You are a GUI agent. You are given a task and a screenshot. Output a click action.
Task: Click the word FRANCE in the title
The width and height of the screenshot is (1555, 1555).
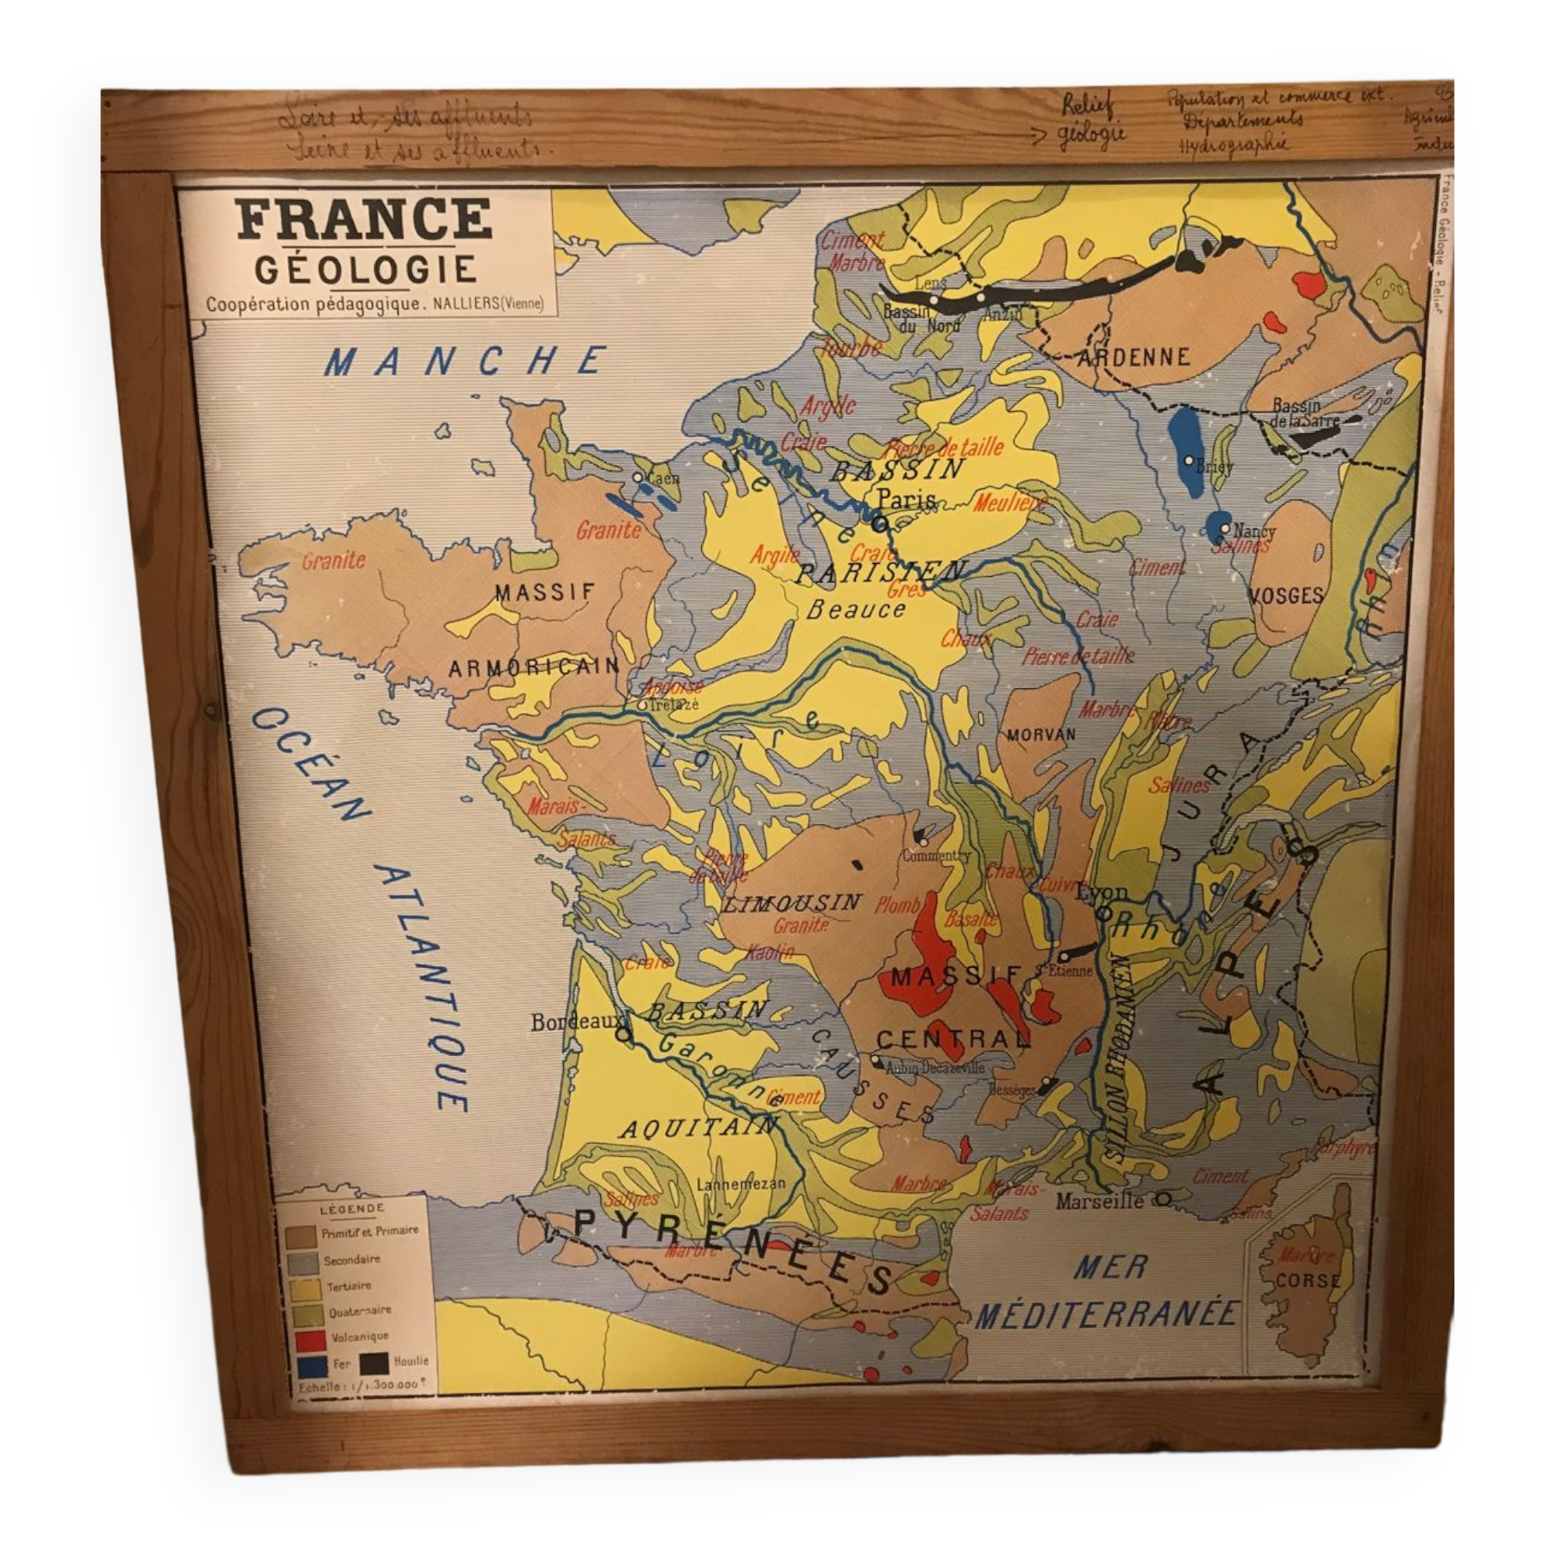tap(364, 219)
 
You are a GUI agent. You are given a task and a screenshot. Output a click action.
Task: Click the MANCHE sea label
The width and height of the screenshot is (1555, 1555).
tap(465, 362)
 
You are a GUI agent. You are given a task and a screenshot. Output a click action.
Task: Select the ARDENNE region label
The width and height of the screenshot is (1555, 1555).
tap(1133, 358)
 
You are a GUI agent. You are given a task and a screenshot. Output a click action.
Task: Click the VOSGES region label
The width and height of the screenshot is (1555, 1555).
tap(1285, 596)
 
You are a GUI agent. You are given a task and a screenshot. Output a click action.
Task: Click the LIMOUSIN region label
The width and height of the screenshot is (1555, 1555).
tap(793, 902)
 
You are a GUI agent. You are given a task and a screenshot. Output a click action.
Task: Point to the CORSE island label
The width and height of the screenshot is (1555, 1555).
tap(1308, 1279)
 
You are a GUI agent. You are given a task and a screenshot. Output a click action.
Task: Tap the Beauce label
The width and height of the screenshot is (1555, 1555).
tap(855, 610)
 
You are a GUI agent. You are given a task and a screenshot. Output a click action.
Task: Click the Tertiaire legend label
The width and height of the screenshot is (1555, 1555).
tap(348, 1287)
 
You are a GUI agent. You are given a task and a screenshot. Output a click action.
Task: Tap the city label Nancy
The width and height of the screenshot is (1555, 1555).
tap(1254, 530)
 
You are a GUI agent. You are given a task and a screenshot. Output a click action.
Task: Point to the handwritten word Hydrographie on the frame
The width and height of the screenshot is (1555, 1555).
tap(1232, 145)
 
